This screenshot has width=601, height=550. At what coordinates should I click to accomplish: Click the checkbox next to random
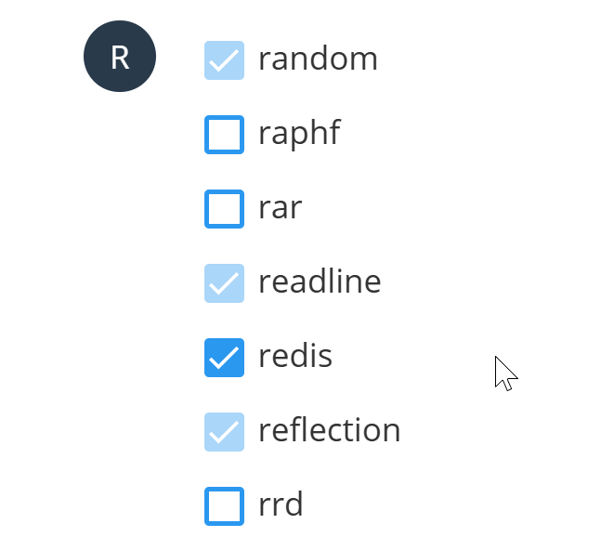pos(224,60)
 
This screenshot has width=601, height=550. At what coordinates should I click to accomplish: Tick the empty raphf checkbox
pos(224,135)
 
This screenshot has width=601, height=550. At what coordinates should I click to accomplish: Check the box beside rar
pos(224,209)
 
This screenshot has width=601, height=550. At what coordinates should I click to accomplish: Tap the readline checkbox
pos(224,283)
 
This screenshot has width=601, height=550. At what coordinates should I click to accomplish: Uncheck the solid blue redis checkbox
pos(224,358)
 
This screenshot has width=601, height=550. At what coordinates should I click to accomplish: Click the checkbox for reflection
pos(224,432)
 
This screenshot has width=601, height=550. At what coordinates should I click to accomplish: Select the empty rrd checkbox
pos(224,506)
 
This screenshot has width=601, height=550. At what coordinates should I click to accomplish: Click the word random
pos(318,59)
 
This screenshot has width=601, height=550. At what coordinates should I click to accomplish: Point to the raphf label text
pos(299,133)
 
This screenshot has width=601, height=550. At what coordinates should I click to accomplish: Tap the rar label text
pos(281,208)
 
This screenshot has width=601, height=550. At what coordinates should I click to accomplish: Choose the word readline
pos(320,281)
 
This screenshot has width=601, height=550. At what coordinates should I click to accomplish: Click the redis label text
pos(295,355)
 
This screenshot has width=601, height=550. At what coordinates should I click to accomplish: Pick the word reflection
pos(330,429)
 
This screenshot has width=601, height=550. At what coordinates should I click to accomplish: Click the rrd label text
pos(281,504)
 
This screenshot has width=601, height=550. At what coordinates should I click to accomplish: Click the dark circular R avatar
pos(120,57)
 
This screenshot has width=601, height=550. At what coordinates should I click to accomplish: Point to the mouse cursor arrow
pos(506,373)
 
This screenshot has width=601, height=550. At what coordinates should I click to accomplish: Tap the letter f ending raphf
pos(333,132)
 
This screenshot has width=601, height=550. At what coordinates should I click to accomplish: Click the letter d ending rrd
pos(294,504)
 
